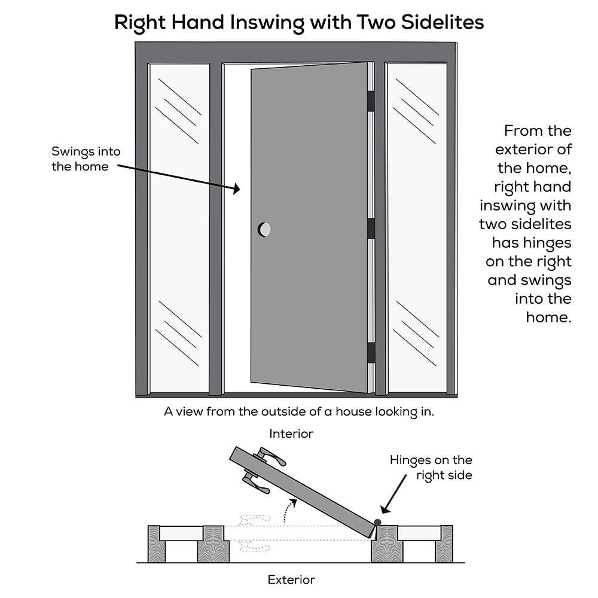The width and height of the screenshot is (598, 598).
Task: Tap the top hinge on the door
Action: (371, 100)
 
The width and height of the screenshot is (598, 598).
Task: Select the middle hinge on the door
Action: (371, 228)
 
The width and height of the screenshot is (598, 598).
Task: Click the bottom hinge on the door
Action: (371, 352)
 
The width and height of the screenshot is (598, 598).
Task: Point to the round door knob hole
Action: (264, 228)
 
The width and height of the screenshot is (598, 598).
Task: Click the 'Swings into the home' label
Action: (80, 159)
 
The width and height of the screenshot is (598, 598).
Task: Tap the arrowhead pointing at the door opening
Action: (236, 189)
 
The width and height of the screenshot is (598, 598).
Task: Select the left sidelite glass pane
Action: (179, 227)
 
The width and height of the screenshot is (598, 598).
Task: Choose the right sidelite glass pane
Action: (416, 227)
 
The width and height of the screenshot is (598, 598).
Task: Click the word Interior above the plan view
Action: (291, 433)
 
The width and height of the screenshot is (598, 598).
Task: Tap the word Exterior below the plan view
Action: (291, 579)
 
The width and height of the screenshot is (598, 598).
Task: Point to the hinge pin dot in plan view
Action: (378, 523)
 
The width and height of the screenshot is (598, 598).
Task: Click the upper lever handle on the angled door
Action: (272, 457)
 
